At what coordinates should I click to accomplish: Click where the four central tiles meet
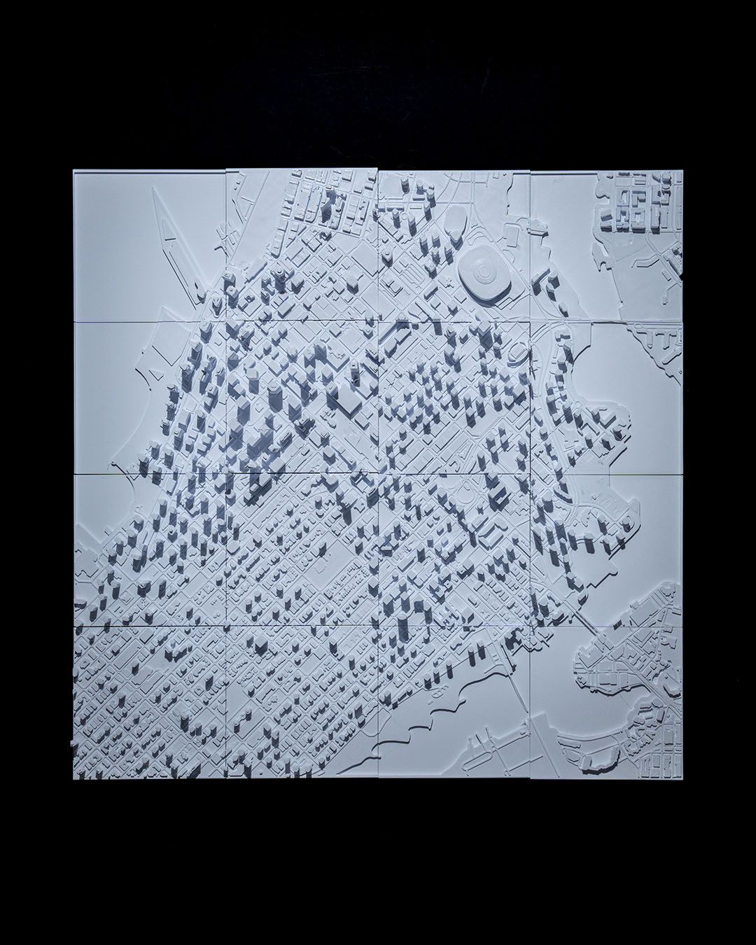379,474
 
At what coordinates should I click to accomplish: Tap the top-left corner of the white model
73,171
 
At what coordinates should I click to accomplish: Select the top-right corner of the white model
681,170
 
